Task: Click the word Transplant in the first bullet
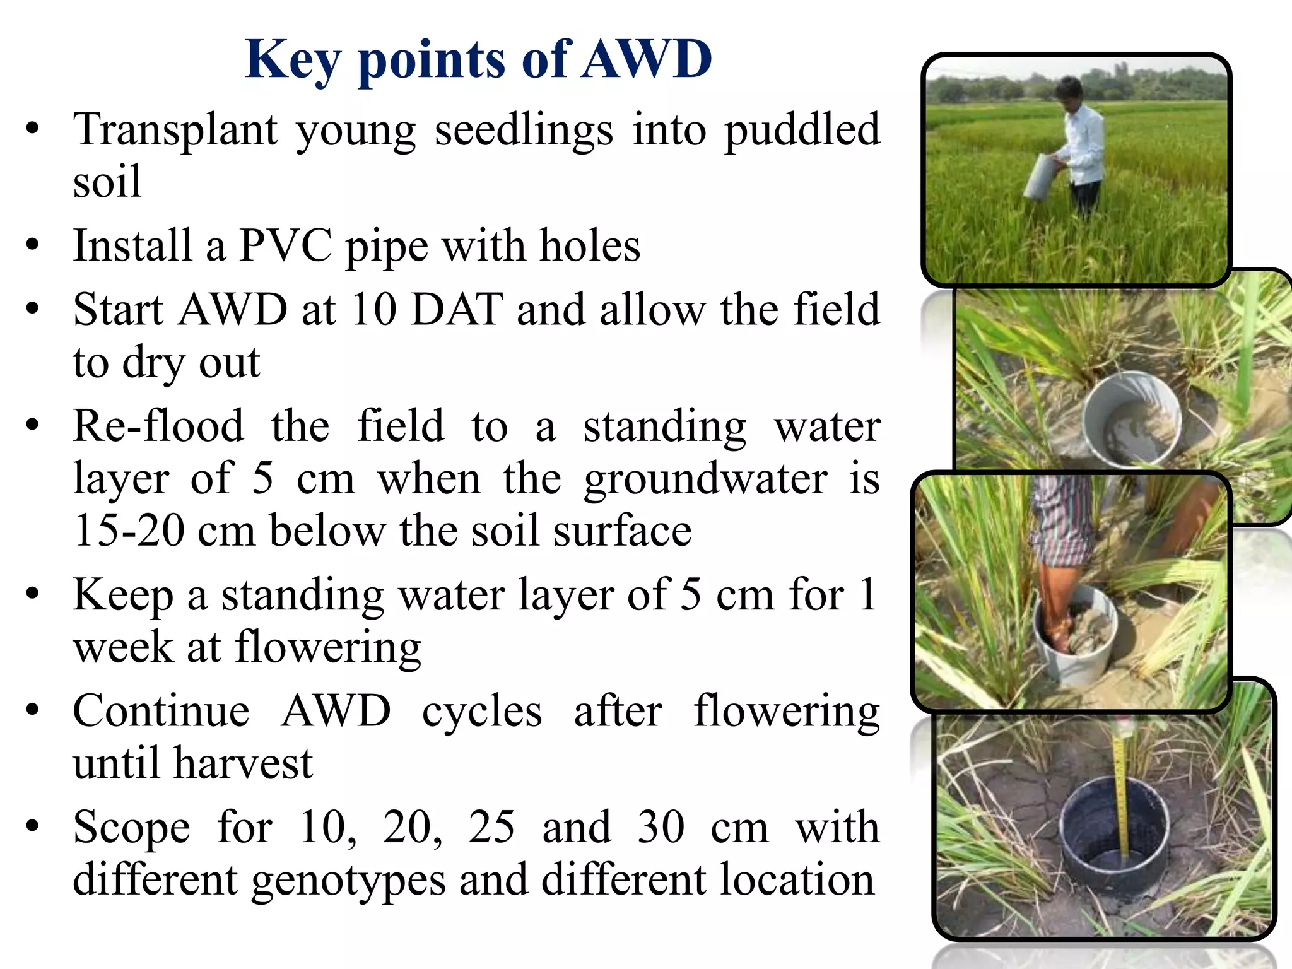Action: point(175,129)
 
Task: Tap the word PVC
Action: point(286,245)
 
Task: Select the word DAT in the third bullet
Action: point(457,310)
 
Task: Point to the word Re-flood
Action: point(158,426)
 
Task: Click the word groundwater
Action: point(705,479)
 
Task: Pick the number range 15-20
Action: point(129,531)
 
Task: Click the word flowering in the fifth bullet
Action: point(328,649)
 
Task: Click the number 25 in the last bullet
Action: point(491,827)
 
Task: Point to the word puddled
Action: point(801,129)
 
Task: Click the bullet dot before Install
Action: point(33,245)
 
